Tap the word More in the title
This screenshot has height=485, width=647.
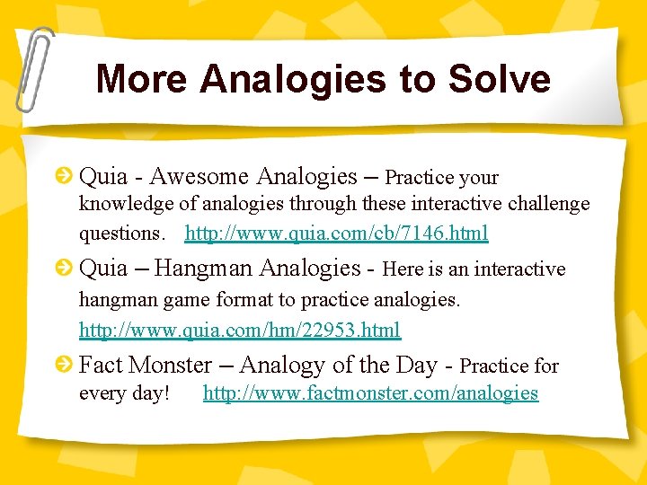click(x=142, y=79)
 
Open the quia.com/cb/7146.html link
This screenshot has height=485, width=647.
click(x=336, y=234)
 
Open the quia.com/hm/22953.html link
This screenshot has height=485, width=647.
click(x=240, y=331)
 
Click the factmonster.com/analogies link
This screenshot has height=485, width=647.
click(x=370, y=393)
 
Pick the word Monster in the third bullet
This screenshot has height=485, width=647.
click(x=170, y=366)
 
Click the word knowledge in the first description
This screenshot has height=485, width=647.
click(x=126, y=204)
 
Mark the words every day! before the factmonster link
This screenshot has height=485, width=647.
click(x=124, y=393)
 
